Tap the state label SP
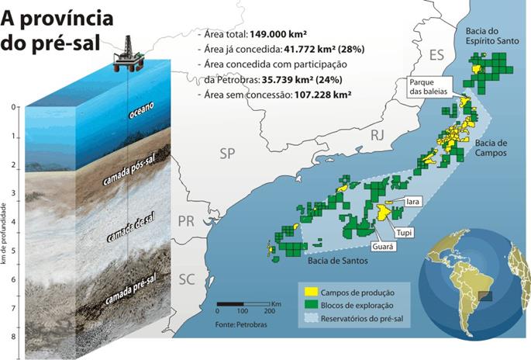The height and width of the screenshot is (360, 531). click(226, 154)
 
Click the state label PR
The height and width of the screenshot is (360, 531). click(186, 221)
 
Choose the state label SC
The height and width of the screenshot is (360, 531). click(186, 279)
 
